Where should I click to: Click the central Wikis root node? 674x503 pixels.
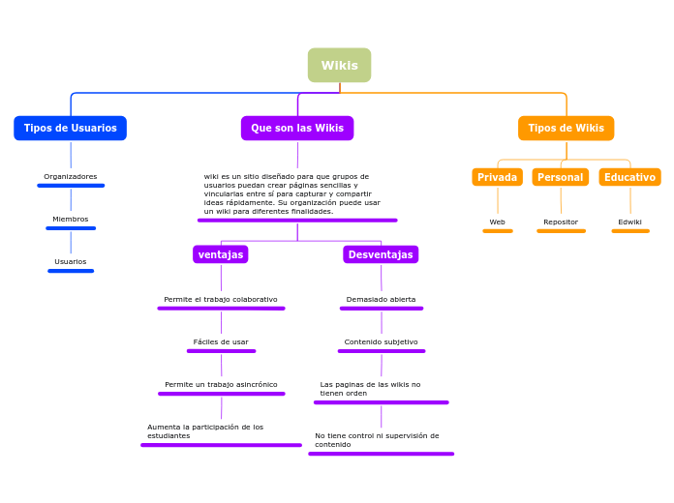[339, 66]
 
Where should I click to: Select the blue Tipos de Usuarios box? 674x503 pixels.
[70, 129]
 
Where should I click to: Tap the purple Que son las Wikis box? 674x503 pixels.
[297, 129]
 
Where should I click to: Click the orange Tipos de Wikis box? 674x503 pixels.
[566, 129]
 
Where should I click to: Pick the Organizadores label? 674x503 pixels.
[71, 177]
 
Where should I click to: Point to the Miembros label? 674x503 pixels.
[71, 220]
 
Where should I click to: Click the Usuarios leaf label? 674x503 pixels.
[71, 262]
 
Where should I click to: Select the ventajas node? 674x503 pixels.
[221, 254]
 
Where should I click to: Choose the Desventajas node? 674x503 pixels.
[381, 254]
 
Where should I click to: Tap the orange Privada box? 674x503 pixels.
[497, 177]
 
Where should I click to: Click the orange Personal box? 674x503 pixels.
[560, 177]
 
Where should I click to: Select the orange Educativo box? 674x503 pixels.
[629, 177]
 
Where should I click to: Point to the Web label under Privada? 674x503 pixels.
[497, 222]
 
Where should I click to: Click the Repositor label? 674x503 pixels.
[561, 222]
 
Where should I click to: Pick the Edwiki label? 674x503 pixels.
[629, 222]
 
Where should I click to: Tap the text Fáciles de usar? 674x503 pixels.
[221, 342]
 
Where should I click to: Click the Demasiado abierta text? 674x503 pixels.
[381, 300]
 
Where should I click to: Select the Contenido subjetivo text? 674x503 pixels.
[381, 342]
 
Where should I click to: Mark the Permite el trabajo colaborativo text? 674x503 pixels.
[221, 300]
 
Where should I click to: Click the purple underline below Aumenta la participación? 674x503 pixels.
[221, 445]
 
